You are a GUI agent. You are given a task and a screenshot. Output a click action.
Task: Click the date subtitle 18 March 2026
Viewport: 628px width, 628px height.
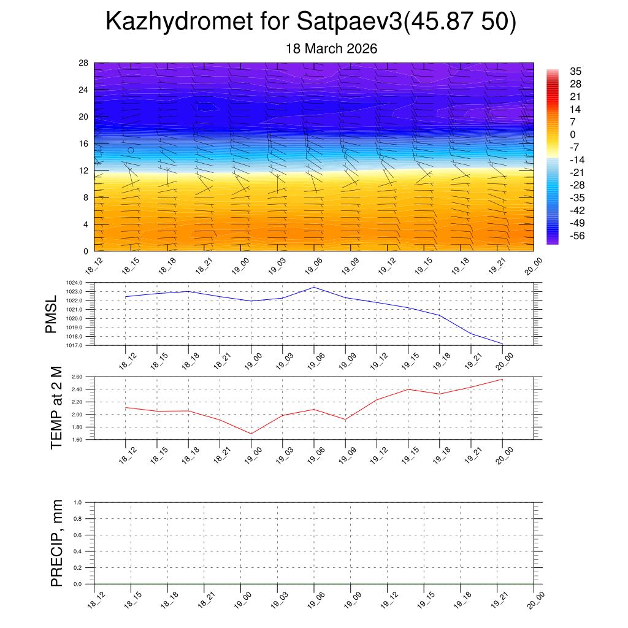tap(331, 48)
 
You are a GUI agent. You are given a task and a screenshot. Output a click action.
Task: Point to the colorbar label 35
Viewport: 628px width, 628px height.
tap(575, 71)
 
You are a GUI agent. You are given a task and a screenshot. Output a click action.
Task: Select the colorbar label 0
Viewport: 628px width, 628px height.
tap(572, 134)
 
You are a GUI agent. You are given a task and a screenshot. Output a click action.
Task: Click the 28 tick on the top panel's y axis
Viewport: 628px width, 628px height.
tap(83, 63)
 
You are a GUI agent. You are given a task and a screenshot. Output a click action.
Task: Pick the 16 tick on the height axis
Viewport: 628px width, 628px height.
tap(83, 144)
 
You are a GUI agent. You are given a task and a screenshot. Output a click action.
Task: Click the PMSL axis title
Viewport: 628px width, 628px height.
tap(52, 314)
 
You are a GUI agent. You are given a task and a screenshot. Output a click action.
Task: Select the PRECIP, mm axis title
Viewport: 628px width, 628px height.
tap(57, 543)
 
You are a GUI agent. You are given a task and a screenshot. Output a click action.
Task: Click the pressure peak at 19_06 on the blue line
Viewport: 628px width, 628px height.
tap(314, 287)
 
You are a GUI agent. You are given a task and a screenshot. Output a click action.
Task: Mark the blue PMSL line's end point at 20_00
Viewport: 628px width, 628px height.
tap(502, 344)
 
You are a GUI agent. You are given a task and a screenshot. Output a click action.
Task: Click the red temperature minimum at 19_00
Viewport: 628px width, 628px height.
tap(251, 434)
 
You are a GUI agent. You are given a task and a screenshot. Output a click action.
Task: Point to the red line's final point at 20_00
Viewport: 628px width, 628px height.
tap(502, 379)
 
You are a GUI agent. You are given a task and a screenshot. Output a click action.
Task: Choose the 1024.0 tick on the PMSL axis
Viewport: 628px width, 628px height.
tap(75, 283)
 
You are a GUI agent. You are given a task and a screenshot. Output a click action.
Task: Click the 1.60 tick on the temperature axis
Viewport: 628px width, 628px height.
tap(76, 440)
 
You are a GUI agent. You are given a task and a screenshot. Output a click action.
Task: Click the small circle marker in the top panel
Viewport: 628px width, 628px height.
tap(131, 150)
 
